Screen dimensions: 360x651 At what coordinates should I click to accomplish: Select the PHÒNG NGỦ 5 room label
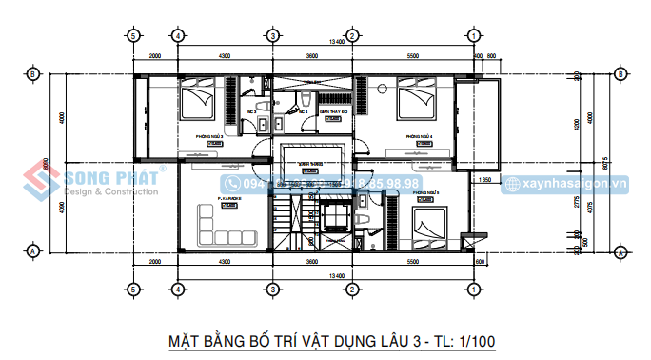pos(425,192)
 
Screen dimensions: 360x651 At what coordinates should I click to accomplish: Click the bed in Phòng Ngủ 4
pos(415,99)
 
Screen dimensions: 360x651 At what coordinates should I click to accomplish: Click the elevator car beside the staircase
pos(336,217)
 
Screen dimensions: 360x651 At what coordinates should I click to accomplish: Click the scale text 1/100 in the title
pos(473,340)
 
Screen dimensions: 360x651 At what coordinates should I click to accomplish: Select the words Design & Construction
pos(110,192)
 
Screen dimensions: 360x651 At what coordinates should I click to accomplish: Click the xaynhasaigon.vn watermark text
pos(577,183)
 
